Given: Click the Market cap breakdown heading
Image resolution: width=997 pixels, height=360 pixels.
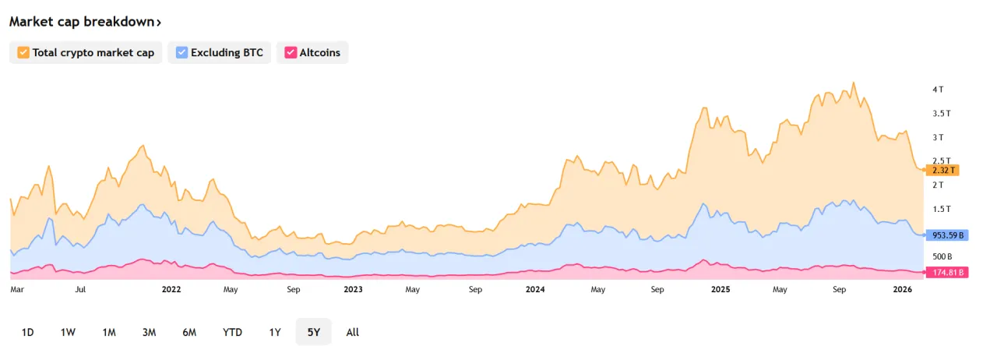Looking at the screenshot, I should (x=85, y=22).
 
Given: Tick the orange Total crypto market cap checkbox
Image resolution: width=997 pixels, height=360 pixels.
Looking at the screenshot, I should (x=23, y=53).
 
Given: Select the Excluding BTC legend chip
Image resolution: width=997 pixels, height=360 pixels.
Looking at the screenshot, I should (x=219, y=53).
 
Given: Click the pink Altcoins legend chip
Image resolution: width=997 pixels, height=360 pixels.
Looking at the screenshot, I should (x=312, y=53).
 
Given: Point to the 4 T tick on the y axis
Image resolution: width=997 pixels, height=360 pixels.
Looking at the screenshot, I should (x=938, y=90).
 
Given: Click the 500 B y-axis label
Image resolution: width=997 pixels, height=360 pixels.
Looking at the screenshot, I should (x=942, y=256).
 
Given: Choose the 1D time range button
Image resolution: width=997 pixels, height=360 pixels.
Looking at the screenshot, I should (x=27, y=332).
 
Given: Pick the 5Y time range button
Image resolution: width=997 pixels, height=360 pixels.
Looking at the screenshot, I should (x=313, y=332).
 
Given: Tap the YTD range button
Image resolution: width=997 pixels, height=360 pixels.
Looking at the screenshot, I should (x=232, y=332).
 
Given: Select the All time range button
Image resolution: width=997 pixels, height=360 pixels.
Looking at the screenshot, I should (x=352, y=332).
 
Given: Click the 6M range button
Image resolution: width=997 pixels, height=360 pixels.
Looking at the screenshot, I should (x=189, y=332).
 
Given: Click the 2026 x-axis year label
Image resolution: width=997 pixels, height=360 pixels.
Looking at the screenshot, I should (x=902, y=290).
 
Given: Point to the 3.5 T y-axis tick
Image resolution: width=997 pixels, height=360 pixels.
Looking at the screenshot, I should (x=942, y=114).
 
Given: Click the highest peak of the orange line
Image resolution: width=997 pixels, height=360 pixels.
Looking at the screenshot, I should (x=854, y=83).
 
